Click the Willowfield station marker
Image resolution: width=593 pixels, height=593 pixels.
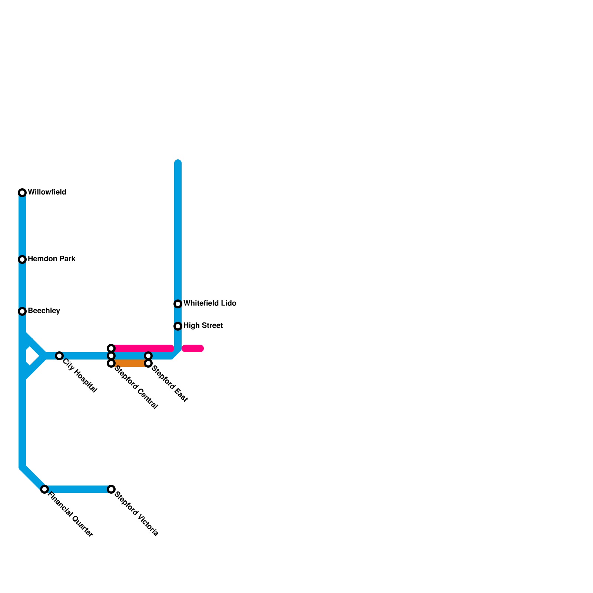[22, 193]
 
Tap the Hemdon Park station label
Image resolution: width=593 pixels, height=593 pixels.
[52, 259]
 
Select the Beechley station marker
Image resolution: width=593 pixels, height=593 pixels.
[22, 311]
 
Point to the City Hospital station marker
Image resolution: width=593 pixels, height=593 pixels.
[59, 356]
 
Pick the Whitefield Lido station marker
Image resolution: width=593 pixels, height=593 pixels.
[178, 304]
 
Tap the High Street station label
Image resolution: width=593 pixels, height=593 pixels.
[203, 325]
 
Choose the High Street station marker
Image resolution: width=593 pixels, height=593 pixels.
[178, 326]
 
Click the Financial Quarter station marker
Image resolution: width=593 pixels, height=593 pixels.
[44, 489]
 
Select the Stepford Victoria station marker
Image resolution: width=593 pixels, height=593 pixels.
[111, 489]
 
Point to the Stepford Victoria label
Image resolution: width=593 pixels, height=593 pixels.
[137, 514]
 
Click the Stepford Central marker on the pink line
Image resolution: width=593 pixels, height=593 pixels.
[111, 348]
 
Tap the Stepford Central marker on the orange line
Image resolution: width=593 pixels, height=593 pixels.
[111, 363]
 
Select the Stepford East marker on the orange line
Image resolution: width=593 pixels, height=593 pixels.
[148, 363]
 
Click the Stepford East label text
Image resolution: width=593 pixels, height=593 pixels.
[170, 384]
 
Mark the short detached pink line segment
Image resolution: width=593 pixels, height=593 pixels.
[193, 348]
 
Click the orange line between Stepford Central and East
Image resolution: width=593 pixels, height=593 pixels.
[130, 363]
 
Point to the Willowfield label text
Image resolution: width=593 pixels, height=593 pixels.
[47, 192]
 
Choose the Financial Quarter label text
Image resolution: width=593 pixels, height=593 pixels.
[70, 514]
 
